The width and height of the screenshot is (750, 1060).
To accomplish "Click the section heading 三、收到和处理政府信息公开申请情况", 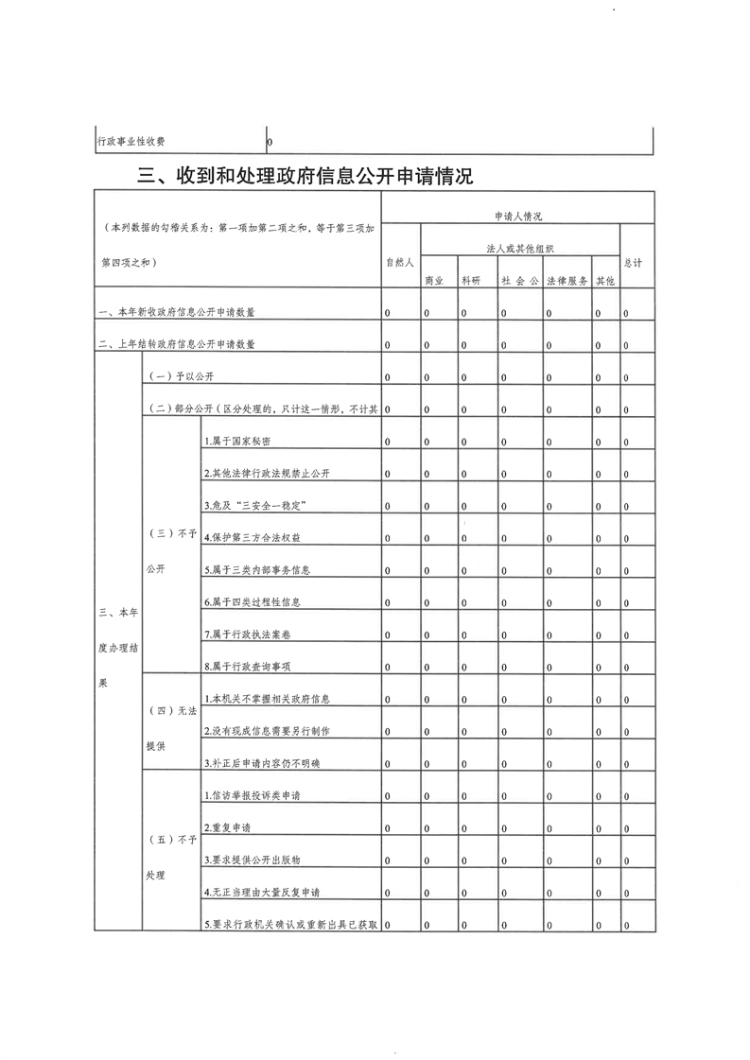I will (x=305, y=177).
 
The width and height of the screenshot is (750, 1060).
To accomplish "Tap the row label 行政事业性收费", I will (x=131, y=141).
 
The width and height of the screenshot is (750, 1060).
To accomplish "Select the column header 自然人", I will (x=399, y=263).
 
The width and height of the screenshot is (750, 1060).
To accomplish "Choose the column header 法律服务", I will (x=567, y=281).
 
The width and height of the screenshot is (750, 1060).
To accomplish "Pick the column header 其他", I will (x=604, y=281).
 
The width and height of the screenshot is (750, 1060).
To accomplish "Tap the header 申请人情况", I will (x=518, y=217).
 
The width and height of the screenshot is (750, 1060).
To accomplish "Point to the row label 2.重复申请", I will (x=227, y=827).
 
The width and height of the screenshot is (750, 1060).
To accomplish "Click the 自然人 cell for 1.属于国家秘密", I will (x=388, y=442).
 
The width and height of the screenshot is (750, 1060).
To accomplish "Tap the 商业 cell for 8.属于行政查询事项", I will (x=427, y=668).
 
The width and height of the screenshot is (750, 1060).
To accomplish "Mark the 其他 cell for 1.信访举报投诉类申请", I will (x=598, y=796).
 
